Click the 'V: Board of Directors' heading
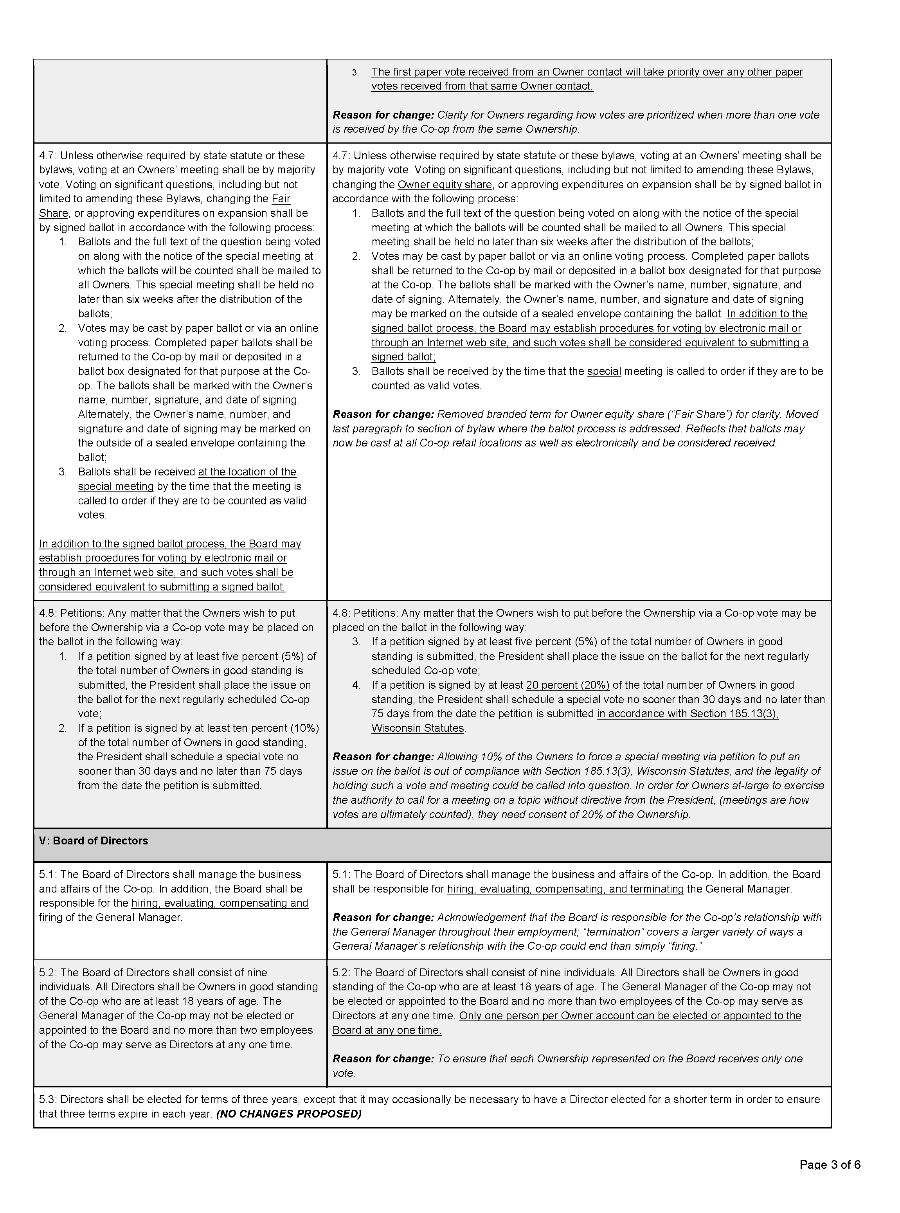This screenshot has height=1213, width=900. pos(93,840)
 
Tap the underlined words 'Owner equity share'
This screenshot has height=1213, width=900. pos(445,185)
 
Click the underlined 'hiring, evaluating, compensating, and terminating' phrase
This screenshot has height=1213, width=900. pos(565,889)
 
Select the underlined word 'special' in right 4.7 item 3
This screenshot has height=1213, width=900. pos(604,371)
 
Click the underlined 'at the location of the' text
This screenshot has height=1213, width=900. pos(247,472)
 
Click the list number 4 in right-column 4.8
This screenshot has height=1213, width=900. pos(356,685)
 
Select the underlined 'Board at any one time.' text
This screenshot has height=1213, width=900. pos(387,1030)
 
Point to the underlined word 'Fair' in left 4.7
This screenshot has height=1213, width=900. pos(281,199)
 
